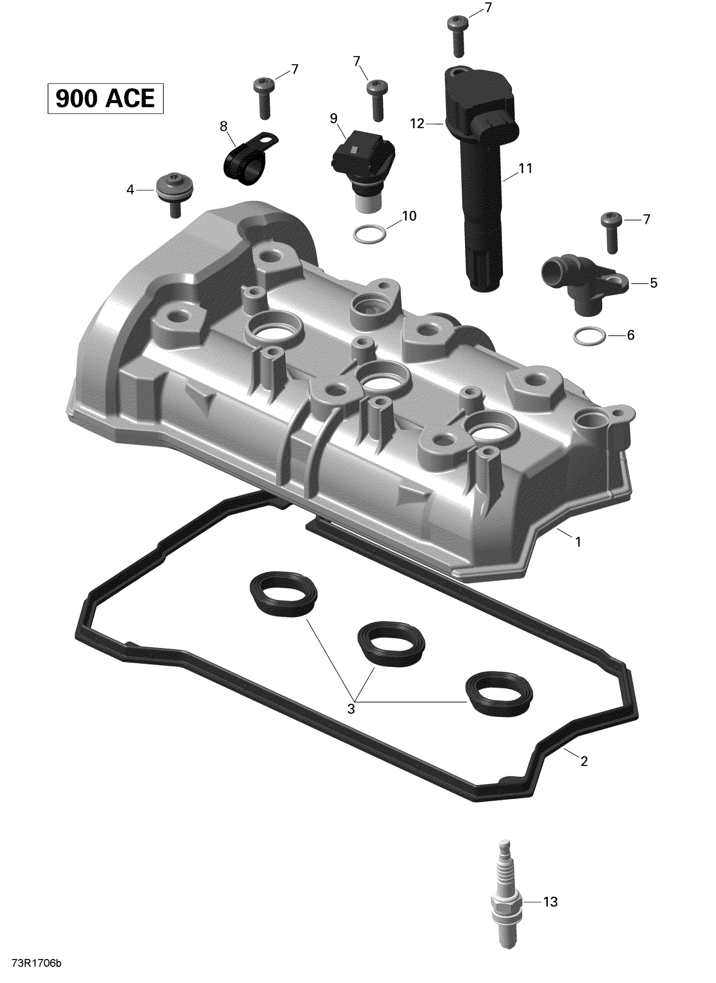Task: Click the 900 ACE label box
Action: point(105,98)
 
